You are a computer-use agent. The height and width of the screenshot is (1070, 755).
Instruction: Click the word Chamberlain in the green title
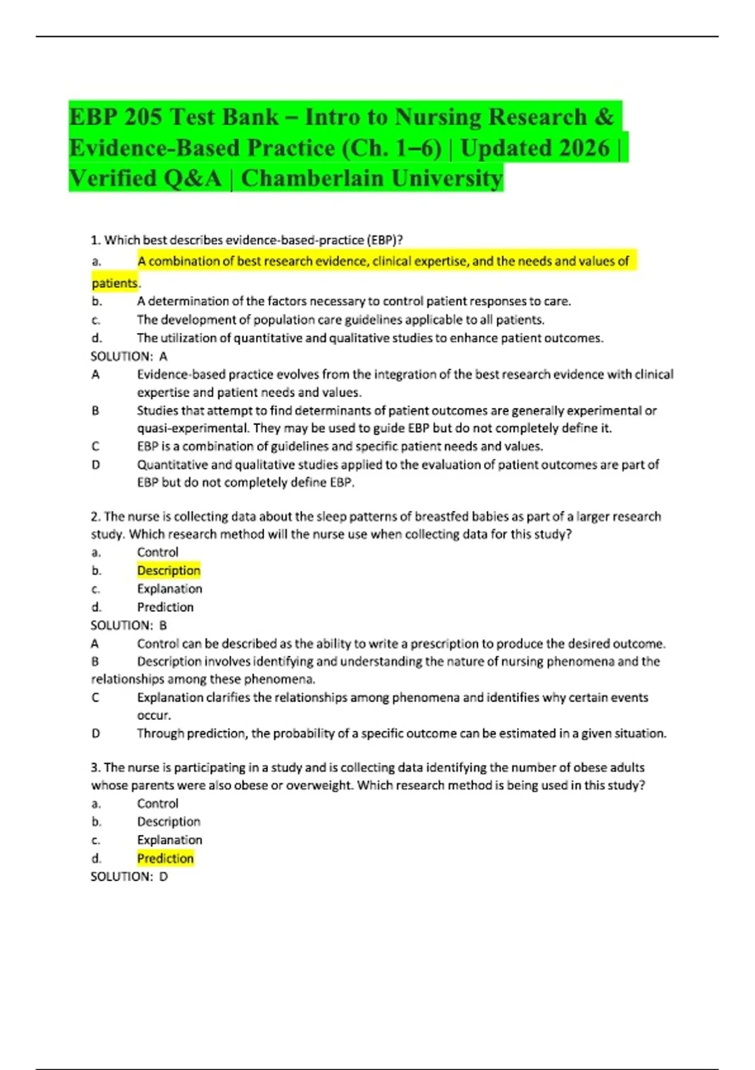(312, 179)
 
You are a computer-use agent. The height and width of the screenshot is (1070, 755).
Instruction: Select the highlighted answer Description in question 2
(169, 570)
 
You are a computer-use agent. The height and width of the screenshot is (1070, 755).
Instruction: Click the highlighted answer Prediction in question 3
(165, 858)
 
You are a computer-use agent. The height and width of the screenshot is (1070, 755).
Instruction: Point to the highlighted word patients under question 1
(115, 283)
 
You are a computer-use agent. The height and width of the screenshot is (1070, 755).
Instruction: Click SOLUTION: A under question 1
(129, 356)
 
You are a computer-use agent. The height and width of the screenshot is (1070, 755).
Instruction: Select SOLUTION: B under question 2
(129, 625)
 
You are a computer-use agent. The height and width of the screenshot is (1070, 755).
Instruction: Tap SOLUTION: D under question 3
(129, 876)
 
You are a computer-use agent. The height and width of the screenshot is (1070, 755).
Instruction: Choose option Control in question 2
(158, 552)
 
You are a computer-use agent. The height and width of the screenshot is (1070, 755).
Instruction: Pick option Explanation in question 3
(170, 840)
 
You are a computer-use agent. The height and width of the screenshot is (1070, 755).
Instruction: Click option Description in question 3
(169, 821)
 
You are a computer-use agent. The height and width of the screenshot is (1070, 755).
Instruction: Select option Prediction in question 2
(165, 607)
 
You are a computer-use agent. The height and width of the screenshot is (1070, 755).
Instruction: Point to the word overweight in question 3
(319, 786)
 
